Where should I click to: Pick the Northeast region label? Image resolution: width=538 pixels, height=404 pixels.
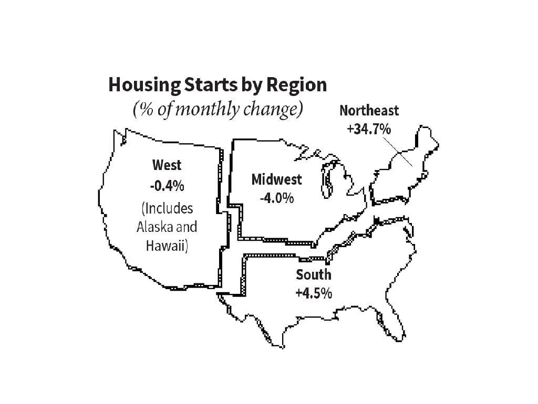click(x=369, y=111)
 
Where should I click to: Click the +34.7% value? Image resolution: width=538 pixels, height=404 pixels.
click(x=369, y=128)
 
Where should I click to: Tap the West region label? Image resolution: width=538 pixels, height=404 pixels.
click(x=167, y=165)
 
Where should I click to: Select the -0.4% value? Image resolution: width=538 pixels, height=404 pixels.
click(x=167, y=186)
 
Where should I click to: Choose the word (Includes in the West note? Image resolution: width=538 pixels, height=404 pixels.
click(x=167, y=208)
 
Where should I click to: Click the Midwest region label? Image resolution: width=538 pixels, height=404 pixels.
click(x=277, y=179)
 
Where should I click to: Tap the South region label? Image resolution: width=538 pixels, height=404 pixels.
click(x=314, y=274)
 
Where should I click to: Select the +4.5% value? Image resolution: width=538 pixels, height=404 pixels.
click(x=314, y=293)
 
